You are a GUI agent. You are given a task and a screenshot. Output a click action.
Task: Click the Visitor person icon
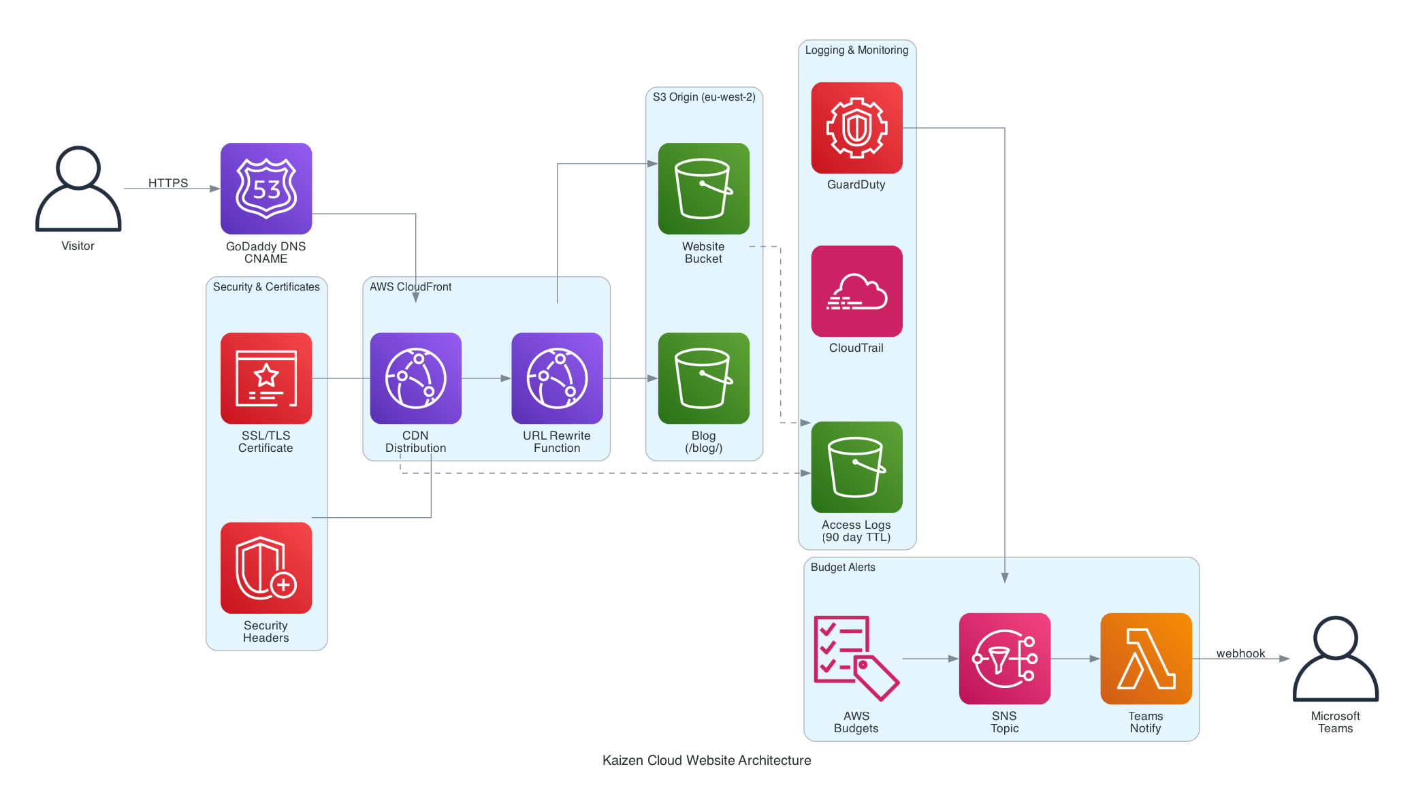[78, 189]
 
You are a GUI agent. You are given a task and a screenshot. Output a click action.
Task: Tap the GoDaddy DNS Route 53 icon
[266, 189]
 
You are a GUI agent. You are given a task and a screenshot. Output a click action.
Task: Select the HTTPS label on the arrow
[168, 182]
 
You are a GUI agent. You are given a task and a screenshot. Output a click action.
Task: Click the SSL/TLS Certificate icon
[266, 378]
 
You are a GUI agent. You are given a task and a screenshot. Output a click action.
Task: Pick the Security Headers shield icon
[266, 568]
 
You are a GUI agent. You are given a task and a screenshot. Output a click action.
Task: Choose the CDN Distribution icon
[416, 378]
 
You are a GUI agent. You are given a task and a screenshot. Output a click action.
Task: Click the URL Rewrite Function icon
[557, 378]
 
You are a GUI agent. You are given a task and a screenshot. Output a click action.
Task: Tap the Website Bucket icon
[704, 189]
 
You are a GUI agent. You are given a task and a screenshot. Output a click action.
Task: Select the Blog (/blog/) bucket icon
[704, 378]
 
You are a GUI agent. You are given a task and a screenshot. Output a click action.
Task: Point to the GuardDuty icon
[856, 128]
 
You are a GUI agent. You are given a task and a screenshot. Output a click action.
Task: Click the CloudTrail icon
[856, 291]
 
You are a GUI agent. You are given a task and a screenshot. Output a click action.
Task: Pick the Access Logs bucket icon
[856, 468]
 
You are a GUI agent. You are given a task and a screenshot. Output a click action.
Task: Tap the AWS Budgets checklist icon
[856, 659]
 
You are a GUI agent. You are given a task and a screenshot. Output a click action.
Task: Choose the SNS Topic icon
[1004, 659]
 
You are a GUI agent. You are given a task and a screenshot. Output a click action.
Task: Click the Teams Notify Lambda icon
[1146, 659]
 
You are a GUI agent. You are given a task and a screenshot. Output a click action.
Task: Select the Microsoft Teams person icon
[1336, 659]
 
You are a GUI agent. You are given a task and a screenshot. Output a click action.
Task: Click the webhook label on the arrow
[1240, 653]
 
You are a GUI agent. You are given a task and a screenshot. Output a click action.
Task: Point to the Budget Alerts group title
[843, 568]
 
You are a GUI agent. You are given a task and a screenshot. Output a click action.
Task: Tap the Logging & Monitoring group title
[856, 50]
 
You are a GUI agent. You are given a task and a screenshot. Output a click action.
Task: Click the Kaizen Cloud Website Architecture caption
[707, 760]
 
